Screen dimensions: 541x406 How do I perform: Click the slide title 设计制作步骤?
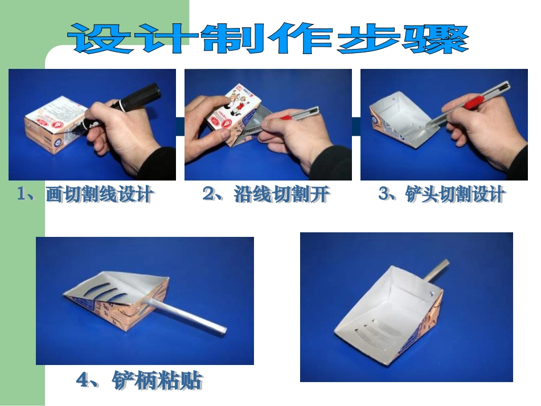(268, 38)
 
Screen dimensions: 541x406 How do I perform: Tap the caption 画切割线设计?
(99, 194)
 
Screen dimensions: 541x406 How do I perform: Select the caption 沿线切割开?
(281, 194)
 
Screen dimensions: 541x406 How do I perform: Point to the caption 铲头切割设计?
(455, 194)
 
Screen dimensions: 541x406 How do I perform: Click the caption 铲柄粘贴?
(157, 380)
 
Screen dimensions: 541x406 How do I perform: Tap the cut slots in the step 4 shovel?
(106, 292)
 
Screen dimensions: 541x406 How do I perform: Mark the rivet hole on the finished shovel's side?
(431, 293)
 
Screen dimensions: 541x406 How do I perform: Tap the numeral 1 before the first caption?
(22, 194)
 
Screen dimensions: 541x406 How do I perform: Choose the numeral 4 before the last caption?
(83, 381)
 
